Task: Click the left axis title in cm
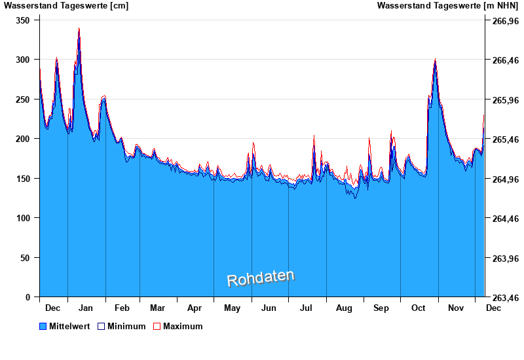tap(66, 6)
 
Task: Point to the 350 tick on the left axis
tap(23, 20)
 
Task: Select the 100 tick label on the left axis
tap(23, 218)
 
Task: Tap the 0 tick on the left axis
tap(28, 297)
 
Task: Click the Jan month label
tap(85, 308)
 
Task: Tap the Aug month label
tap(344, 308)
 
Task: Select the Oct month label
tap(418, 308)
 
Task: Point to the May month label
tap(232, 308)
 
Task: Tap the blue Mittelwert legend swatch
tap(43, 326)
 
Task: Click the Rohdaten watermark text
tap(261, 278)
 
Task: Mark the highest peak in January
tap(79, 29)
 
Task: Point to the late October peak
tap(435, 60)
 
